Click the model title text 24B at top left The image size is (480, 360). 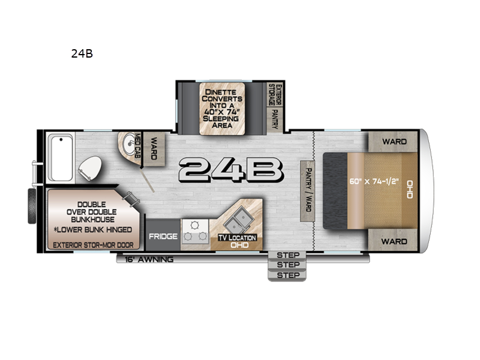click(82, 53)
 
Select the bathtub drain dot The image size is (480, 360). click(61, 140)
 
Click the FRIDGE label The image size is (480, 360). click(163, 236)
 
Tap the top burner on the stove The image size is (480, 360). click(194, 226)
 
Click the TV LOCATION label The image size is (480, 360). click(237, 238)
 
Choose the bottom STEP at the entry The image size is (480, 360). click(288, 275)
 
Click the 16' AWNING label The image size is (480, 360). click(149, 260)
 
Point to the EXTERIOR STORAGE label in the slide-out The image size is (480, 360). click(275, 95)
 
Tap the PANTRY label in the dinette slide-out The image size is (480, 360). click(275, 119)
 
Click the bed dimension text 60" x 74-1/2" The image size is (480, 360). click(374, 181)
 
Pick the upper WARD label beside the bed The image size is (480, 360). click(394, 142)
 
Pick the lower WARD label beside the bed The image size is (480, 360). click(394, 241)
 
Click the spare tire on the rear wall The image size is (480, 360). click(32, 206)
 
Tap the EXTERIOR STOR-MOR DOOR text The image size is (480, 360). click(93, 245)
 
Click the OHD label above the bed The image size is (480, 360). click(410, 189)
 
